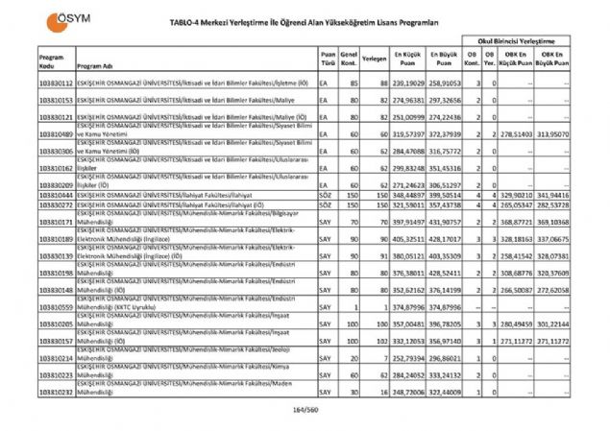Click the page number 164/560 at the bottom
(x=305, y=411)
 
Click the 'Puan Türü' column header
(x=328, y=59)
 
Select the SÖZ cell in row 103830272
(x=327, y=204)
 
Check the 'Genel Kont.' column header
(x=351, y=59)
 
